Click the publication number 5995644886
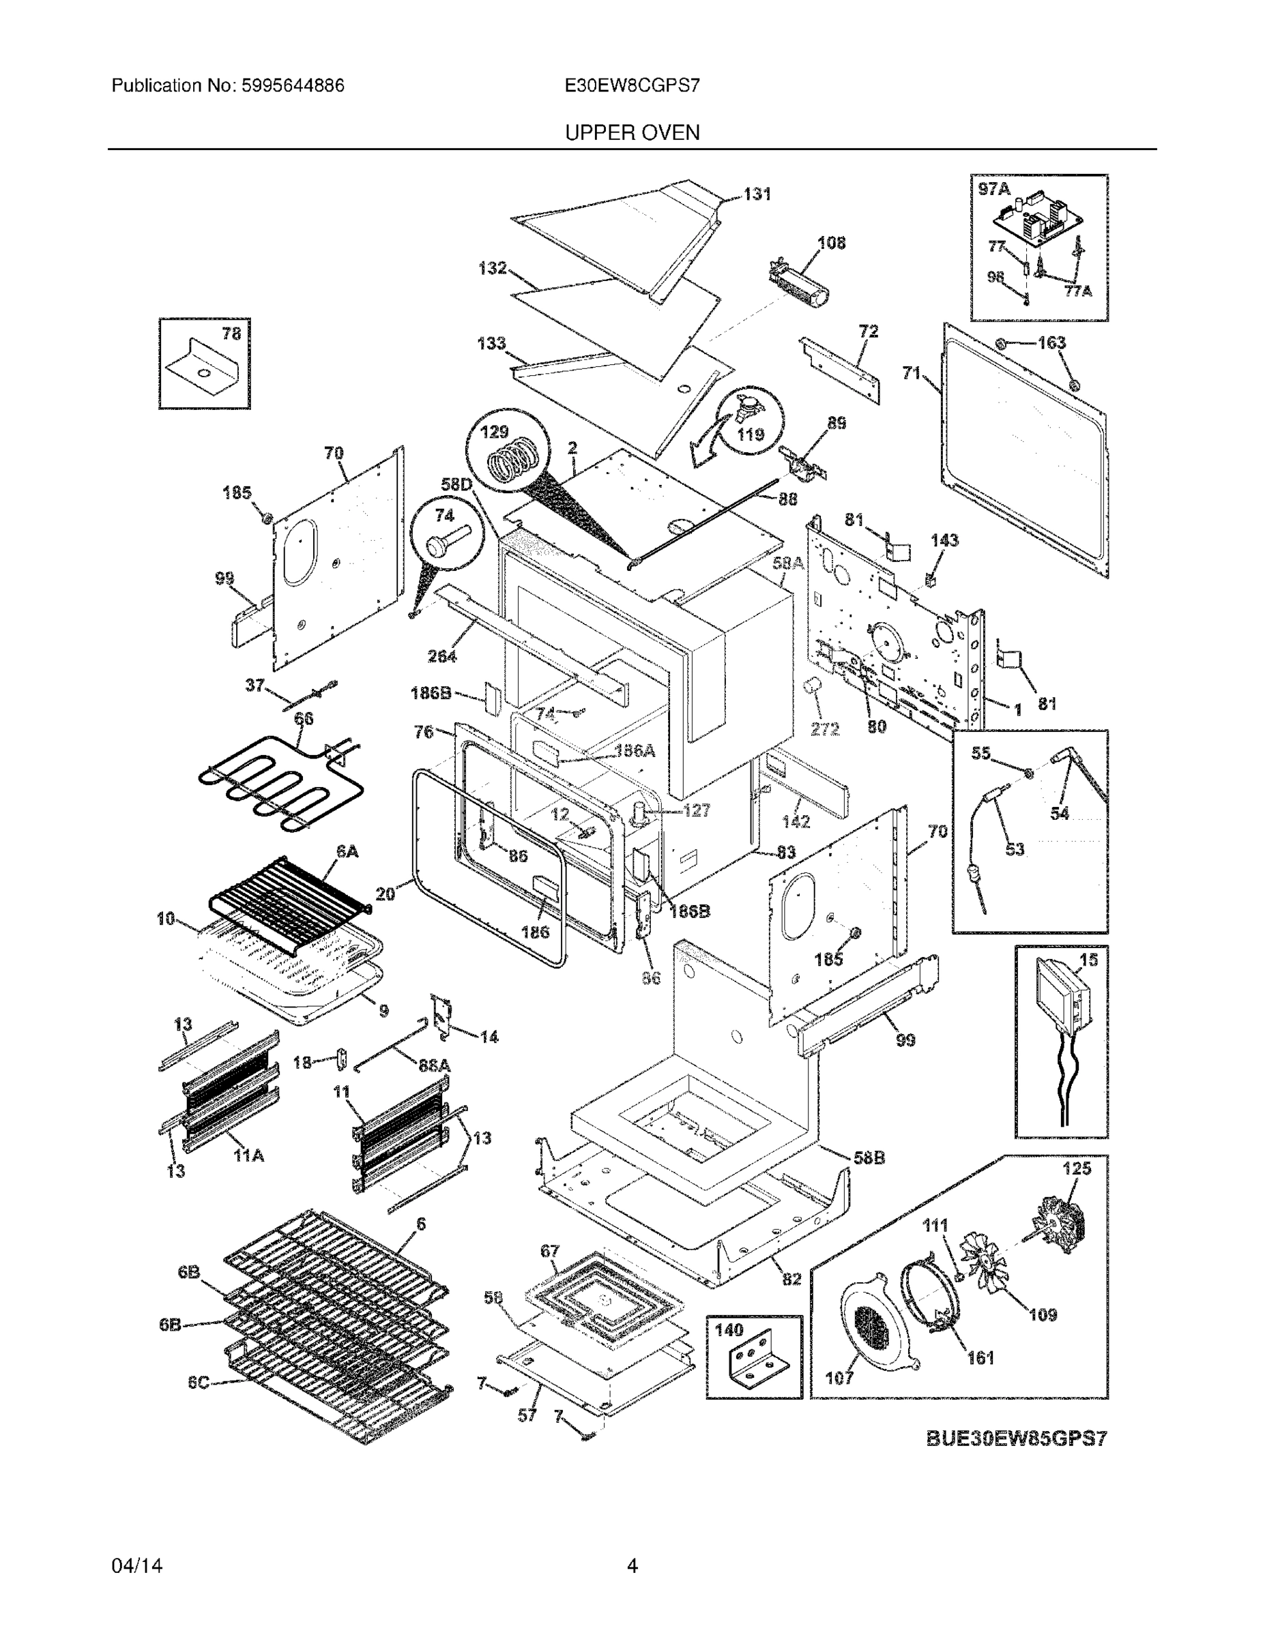(293, 85)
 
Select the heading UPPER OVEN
(631, 133)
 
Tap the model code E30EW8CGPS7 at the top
(631, 85)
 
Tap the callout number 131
(757, 194)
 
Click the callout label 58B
(869, 1158)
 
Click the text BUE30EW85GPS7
(1016, 1439)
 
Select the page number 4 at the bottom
(631, 1566)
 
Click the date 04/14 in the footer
(136, 1566)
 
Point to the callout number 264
(441, 656)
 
